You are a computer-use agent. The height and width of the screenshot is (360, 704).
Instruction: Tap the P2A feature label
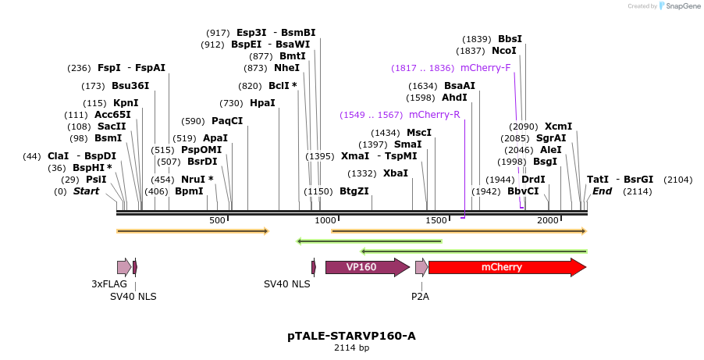[x=420, y=296]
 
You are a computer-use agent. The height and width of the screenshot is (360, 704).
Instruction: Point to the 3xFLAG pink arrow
[x=123, y=267]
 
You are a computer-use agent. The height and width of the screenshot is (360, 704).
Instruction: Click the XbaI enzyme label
[x=395, y=173]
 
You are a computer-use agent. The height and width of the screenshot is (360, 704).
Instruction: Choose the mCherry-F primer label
[x=485, y=68]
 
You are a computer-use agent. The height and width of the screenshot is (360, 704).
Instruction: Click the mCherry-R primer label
[x=434, y=115]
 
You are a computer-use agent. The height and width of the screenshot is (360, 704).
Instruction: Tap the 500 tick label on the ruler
[x=217, y=221]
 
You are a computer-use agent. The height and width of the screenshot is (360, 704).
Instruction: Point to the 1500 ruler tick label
[x=436, y=221]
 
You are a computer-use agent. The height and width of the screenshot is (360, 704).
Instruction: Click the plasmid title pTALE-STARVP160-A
[x=351, y=336]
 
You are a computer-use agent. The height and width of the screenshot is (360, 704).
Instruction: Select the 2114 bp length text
[x=351, y=348]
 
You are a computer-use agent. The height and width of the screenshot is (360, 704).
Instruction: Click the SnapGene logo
[x=677, y=6]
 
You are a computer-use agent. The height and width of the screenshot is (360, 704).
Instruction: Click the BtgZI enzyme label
[x=354, y=191]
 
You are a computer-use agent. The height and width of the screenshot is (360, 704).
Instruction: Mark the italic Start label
[x=86, y=191]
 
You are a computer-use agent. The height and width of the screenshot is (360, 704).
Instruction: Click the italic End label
[x=602, y=191]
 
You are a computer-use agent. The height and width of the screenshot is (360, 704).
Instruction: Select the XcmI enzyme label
[x=558, y=127]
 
